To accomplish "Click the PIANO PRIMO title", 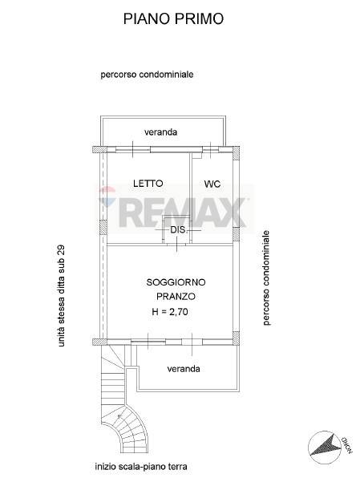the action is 173,19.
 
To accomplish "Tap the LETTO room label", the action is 148,183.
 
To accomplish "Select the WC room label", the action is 212,184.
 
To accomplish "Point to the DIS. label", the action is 178,230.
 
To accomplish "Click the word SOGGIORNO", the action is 176,282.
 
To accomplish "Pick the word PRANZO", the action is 176,296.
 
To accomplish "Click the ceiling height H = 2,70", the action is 170,311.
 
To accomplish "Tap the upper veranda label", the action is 160,132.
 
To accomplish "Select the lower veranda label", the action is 184,369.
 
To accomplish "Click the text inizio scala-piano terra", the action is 141,467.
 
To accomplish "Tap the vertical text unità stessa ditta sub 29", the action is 61,296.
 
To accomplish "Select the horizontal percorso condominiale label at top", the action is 147,75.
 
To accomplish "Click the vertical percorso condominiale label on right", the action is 266,277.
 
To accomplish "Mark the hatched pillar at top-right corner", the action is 236,153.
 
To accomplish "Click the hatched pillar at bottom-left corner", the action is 99,342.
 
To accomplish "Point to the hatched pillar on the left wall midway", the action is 103,228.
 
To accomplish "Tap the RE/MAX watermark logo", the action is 174,209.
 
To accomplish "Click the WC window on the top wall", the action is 211,149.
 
